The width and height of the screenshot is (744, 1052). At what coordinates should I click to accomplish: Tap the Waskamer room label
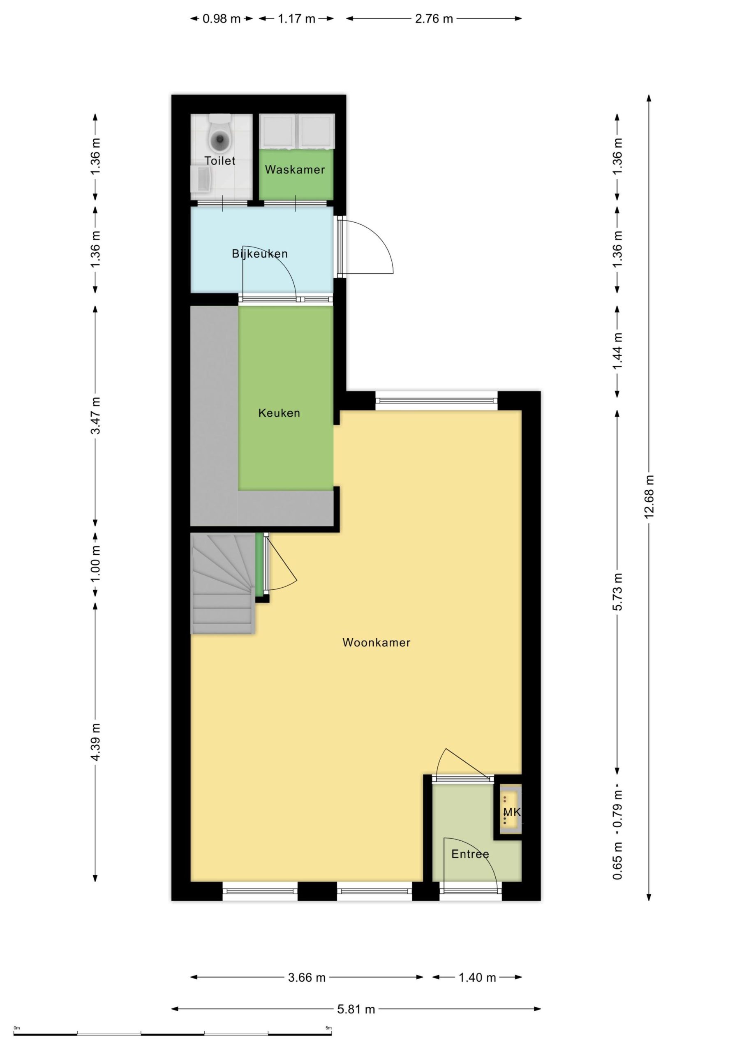(295, 170)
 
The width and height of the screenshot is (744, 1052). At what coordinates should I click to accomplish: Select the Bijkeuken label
(259, 254)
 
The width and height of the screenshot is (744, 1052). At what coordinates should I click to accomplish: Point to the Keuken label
(279, 413)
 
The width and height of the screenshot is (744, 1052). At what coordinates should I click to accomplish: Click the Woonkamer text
(377, 642)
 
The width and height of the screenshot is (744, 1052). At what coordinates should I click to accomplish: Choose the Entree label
(470, 854)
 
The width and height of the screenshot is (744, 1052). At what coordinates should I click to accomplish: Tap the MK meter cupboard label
(512, 812)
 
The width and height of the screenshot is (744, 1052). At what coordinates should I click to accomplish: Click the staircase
(223, 584)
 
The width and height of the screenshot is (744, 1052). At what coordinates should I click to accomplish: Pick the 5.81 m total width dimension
(356, 1009)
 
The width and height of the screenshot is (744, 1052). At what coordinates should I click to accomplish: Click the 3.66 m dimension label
(307, 978)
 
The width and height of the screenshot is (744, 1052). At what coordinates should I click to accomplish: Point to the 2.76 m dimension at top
(434, 19)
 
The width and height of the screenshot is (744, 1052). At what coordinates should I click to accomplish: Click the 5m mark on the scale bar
(328, 1028)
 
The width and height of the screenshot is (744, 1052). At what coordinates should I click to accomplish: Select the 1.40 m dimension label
(477, 978)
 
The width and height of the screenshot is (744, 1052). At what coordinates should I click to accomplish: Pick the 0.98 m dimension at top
(222, 19)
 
